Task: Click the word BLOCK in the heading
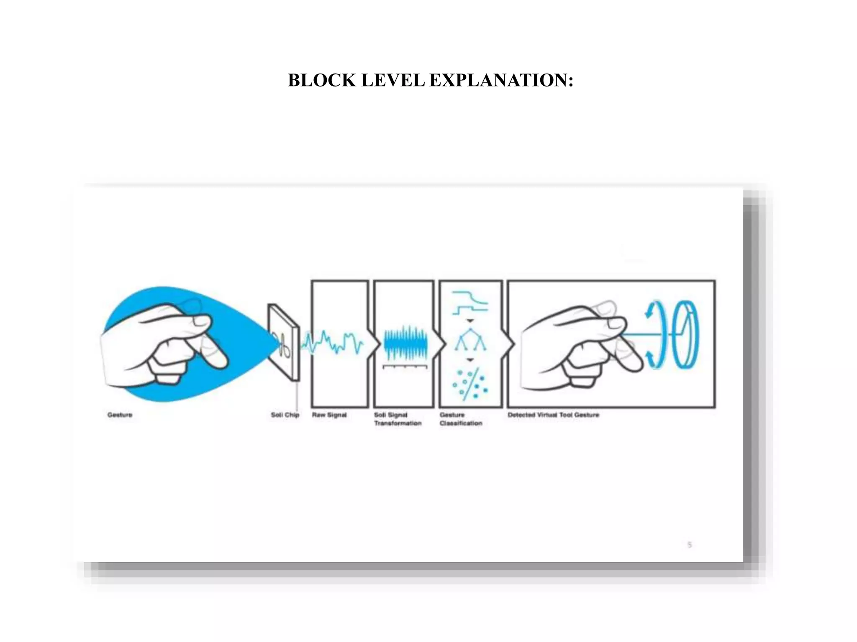click(x=321, y=80)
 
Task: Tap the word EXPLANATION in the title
click(x=501, y=80)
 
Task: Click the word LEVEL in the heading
click(x=393, y=80)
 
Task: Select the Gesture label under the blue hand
click(x=120, y=415)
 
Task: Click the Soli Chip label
click(x=285, y=415)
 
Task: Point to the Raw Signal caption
click(x=329, y=415)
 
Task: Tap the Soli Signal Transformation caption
click(x=397, y=419)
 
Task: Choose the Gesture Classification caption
click(x=460, y=419)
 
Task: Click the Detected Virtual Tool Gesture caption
click(x=553, y=415)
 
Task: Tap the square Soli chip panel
click(x=284, y=342)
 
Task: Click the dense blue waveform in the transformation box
click(x=405, y=343)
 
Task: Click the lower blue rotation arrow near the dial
click(x=650, y=358)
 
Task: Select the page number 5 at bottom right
click(x=690, y=545)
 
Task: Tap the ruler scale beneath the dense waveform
click(x=405, y=367)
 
